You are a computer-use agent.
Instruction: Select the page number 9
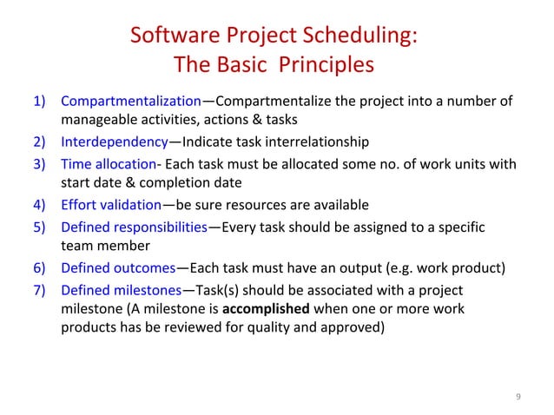(x=518, y=398)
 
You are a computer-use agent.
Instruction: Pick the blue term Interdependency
(x=114, y=142)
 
